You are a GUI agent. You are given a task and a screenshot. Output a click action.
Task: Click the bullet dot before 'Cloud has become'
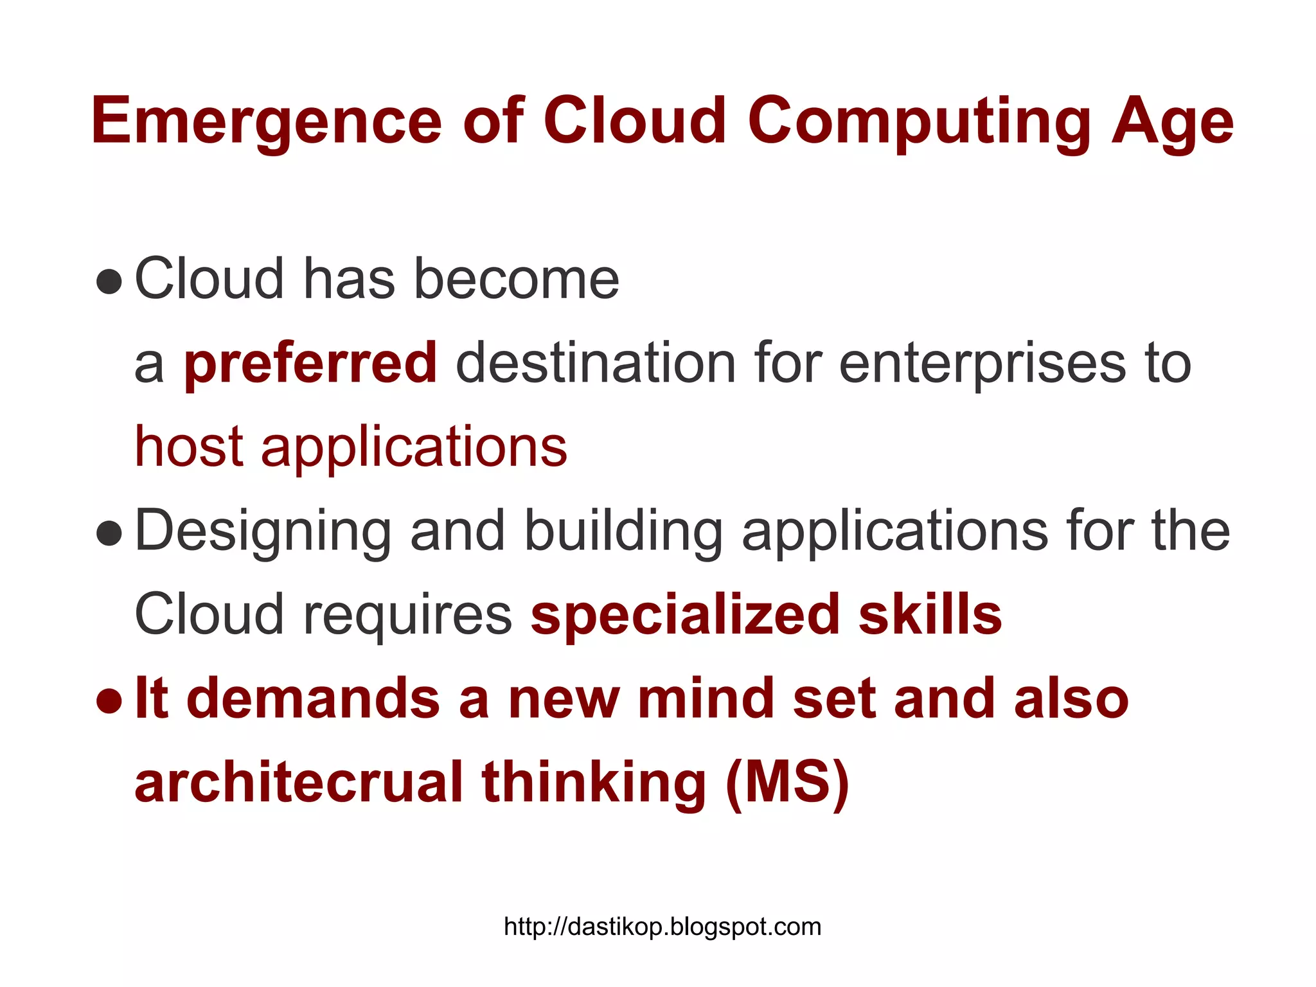tap(109, 281)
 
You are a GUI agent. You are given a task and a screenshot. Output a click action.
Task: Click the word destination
tap(595, 364)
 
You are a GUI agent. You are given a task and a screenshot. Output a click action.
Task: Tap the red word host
tap(188, 447)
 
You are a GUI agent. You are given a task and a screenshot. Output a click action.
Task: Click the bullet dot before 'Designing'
tap(109, 533)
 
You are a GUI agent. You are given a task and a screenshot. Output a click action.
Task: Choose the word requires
tap(407, 615)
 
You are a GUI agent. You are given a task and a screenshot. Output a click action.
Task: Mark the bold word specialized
tap(685, 615)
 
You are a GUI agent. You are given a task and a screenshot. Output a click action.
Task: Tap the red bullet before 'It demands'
tap(109, 700)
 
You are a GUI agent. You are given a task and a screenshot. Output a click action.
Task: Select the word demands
tap(313, 698)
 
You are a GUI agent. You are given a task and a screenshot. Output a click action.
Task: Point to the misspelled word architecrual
tap(299, 782)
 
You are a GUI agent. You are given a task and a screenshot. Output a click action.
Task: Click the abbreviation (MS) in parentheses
tap(787, 782)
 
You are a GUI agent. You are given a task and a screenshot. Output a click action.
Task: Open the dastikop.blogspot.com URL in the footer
tap(662, 927)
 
